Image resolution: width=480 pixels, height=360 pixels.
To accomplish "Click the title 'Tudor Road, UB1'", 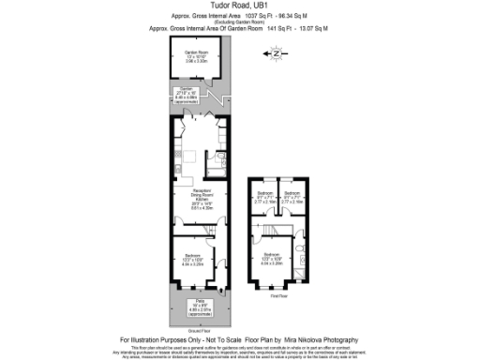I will tap(240, 6).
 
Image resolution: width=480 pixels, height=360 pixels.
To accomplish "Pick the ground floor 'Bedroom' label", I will tap(190, 258).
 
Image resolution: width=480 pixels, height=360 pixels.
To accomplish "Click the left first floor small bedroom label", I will tap(265, 198).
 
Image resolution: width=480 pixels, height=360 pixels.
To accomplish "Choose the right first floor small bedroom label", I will tap(291, 198).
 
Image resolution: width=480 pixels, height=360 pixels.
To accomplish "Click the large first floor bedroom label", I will tap(272, 259).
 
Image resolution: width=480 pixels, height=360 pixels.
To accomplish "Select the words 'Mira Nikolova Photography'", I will tap(324, 338).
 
